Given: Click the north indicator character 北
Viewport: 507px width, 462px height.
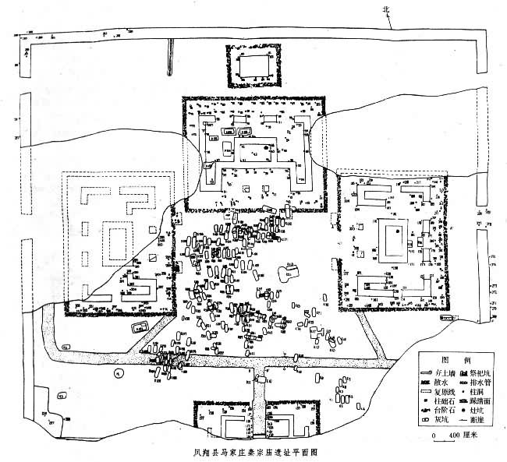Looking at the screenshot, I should pos(384,9).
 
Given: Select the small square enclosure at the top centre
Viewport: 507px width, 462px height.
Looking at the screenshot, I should pos(253,69).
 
